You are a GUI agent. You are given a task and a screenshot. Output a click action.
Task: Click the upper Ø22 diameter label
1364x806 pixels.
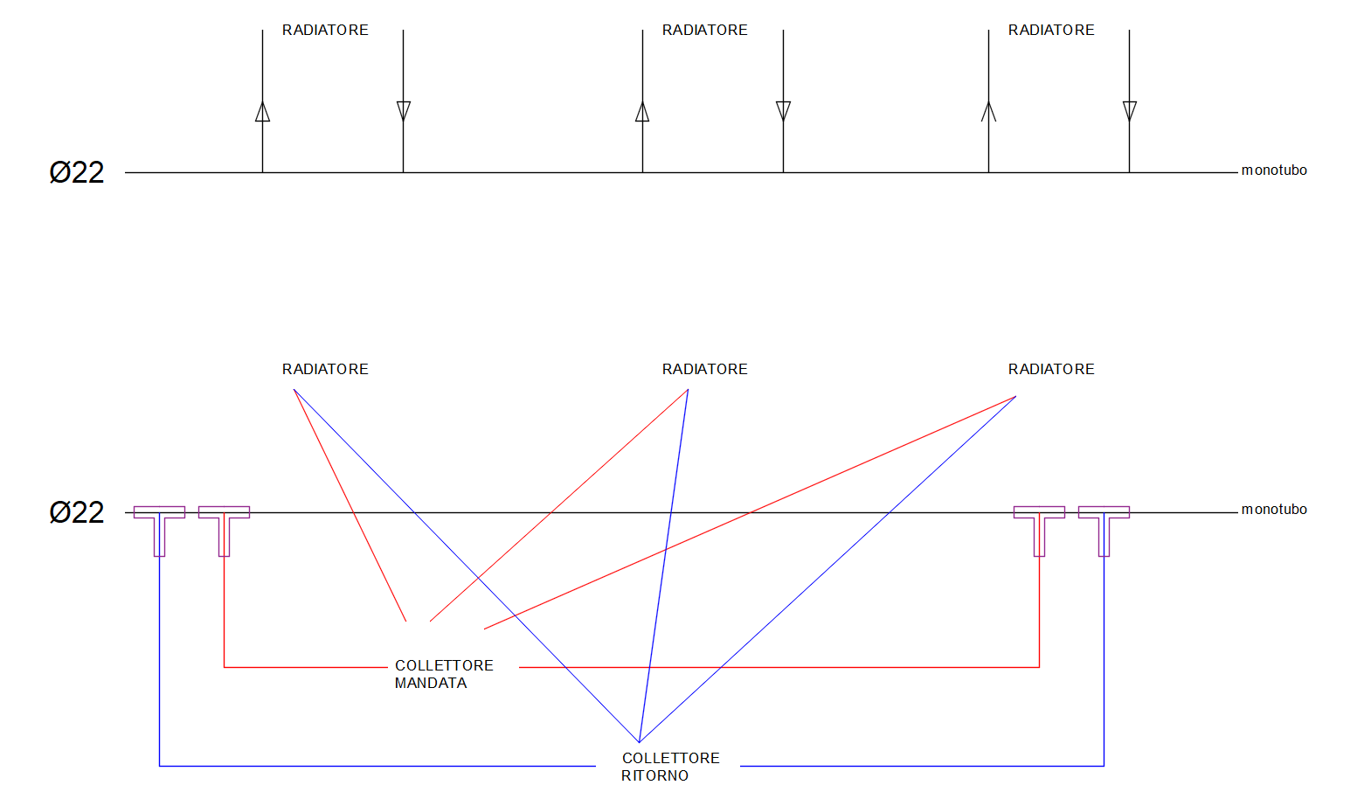click(77, 172)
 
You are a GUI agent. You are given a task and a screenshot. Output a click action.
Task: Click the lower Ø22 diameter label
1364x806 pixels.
click(77, 512)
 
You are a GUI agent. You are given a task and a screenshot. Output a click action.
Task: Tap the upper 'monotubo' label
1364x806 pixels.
click(1274, 170)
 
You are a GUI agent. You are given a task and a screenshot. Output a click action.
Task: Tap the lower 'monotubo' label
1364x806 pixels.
click(1274, 510)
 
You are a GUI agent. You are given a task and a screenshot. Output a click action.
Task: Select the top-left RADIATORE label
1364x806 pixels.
click(325, 31)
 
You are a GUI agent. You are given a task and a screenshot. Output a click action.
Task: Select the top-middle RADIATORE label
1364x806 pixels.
click(704, 31)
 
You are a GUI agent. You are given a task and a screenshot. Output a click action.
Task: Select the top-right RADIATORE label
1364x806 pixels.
click(1051, 31)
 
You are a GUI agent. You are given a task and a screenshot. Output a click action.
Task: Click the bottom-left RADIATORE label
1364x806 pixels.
click(325, 370)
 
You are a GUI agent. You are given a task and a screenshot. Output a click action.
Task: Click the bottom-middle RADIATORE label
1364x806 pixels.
click(704, 370)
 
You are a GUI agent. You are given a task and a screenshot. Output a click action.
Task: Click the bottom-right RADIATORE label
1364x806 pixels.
click(1051, 370)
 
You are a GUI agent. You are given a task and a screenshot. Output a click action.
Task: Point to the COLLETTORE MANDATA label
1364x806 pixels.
click(443, 674)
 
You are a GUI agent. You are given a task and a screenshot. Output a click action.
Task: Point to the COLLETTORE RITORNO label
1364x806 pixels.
click(670, 767)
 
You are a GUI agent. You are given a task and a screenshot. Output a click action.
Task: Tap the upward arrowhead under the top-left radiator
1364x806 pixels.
click(262, 111)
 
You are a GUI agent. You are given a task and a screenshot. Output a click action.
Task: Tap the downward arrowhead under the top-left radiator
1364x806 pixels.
click(403, 111)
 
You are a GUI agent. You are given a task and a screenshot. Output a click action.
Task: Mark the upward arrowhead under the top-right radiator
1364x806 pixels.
click(988, 111)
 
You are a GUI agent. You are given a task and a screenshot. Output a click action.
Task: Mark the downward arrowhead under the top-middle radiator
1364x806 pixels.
click(783, 111)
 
